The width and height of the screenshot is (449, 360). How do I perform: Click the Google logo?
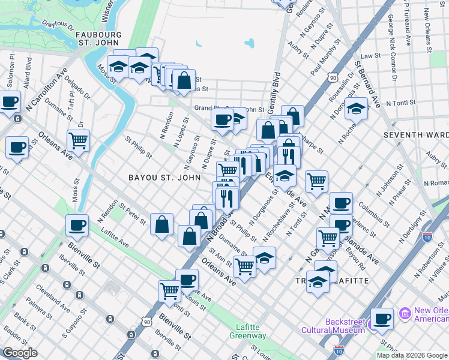pos(20,353)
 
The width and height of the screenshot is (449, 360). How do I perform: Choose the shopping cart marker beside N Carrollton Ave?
pos(79,141)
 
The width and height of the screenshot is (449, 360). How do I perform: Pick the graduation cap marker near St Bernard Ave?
pos(356,109)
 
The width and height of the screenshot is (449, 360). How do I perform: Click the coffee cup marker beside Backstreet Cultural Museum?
pos(382,319)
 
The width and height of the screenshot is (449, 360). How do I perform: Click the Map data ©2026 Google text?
pos(411,355)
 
